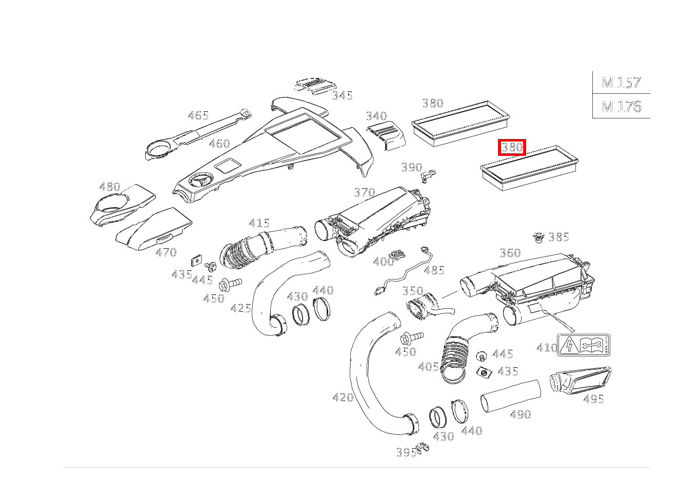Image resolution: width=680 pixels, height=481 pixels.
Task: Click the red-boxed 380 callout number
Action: tap(512, 148)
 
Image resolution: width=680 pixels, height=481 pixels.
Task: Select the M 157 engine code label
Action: tap(621, 82)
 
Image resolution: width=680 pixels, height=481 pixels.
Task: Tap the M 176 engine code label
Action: tap(621, 106)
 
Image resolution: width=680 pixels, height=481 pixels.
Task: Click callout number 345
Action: tap(342, 95)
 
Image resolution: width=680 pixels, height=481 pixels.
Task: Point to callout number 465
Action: tap(198, 115)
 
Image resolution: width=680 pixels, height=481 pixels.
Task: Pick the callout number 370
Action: tap(364, 192)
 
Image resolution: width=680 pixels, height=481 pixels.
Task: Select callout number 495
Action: tap(593, 398)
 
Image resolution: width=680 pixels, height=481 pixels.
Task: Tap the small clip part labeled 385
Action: tap(537, 237)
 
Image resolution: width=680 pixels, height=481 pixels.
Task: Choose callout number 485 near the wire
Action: tap(434, 270)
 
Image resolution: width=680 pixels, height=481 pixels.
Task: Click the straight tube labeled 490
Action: tap(510, 395)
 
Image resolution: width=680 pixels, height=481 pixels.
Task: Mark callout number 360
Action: tap(510, 252)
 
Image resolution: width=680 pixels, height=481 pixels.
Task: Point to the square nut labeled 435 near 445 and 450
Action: tap(195, 260)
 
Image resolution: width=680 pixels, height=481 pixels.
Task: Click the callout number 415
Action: tap(259, 223)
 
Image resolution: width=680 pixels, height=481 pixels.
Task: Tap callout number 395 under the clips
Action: tap(406, 452)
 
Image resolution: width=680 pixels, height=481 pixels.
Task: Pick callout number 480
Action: tap(109, 187)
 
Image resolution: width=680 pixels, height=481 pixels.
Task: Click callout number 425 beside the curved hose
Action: tap(241, 308)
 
